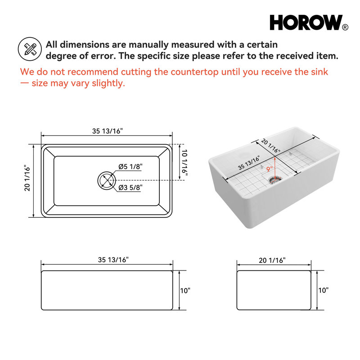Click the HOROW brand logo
pos(309,22)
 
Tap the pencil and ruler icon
pos(30,49)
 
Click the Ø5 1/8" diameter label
pos(130,166)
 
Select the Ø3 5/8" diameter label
pos(130,188)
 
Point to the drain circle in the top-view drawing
pos(107,180)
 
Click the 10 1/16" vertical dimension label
pos(184,162)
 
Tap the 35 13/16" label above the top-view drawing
pos(108,131)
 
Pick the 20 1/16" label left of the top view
pos(27,178)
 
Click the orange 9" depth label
pos(270,170)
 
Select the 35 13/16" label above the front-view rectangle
pos(113,260)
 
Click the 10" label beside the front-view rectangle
pos(185,291)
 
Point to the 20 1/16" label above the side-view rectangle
pos(272,261)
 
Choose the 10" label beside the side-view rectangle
pos(323,290)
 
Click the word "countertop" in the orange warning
pos(195,72)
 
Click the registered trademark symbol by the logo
pos(345,27)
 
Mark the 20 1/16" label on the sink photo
pos(271,146)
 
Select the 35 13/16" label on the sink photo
pos(249,163)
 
